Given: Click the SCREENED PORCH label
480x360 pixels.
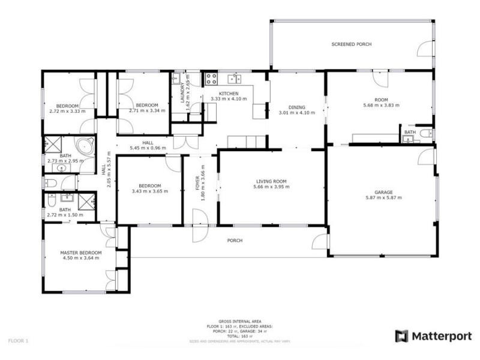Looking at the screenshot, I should (352, 44).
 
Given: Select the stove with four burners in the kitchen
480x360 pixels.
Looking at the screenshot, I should (211, 78).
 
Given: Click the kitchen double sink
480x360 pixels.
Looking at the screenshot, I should (234, 79).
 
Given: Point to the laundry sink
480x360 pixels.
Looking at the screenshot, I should (177, 79).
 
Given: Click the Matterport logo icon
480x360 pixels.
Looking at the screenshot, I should (401, 336).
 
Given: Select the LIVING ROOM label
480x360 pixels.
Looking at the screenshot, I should (271, 181).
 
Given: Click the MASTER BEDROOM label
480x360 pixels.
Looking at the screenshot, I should (81, 253).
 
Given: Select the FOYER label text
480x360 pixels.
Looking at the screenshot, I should (197, 182).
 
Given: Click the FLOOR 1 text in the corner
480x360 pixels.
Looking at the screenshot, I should (18, 340).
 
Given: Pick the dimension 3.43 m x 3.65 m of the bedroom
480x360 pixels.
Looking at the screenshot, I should (149, 191).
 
